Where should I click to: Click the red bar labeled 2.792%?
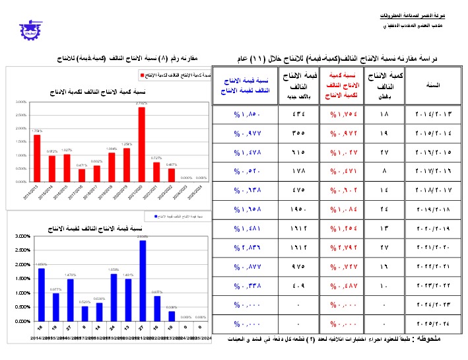tap(141, 144)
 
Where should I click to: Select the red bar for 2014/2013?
tap(37, 158)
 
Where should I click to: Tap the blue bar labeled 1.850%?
tap(41, 295)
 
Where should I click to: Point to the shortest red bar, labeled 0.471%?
tap(82, 175)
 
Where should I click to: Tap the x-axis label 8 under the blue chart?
tap(84, 327)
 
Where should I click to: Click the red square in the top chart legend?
tap(142, 75)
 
